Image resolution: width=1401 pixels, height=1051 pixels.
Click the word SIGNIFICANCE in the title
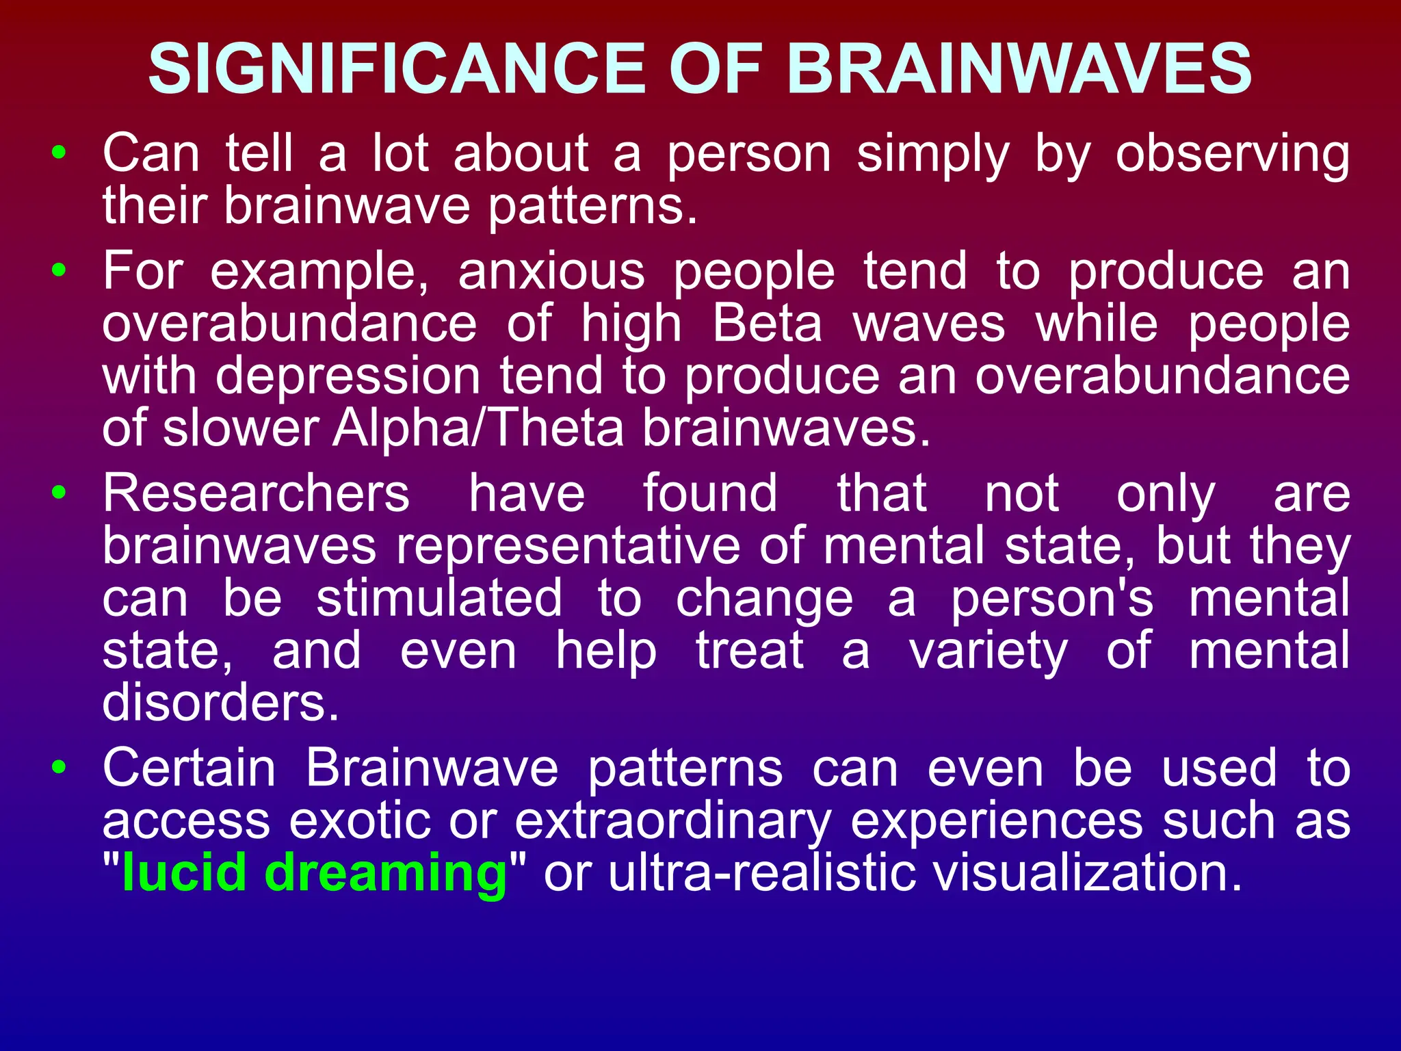tap(396, 69)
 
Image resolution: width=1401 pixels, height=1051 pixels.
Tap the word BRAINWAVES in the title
tap(1019, 69)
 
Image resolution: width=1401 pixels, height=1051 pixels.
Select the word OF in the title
tap(715, 69)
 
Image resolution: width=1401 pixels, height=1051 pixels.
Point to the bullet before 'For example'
tap(60, 270)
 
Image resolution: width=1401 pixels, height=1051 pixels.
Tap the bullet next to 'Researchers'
tap(60, 492)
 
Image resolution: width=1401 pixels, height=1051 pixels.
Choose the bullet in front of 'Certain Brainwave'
tap(60, 767)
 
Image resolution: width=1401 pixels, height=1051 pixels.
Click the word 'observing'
tap(1233, 155)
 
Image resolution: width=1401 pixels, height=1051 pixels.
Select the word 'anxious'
tap(551, 272)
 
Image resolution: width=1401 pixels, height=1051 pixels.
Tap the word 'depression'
tap(348, 378)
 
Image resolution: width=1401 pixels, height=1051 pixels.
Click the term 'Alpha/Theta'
tap(478, 429)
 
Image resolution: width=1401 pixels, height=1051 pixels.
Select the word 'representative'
tap(568, 546)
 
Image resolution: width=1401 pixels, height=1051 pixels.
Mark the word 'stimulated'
tap(439, 598)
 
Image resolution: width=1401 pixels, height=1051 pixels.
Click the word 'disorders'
tap(220, 703)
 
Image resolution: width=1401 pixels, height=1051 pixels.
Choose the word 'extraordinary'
tap(672, 821)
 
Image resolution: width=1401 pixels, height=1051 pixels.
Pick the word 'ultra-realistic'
tap(761, 873)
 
